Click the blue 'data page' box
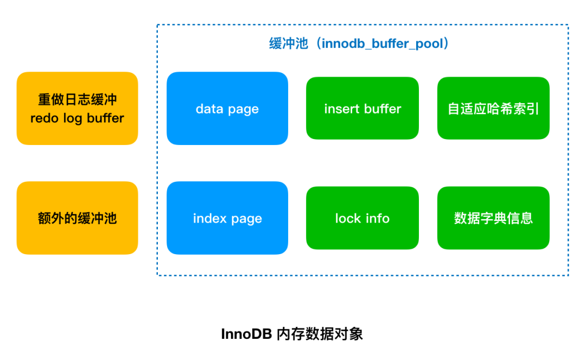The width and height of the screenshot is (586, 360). (227, 109)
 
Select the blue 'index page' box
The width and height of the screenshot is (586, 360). (227, 218)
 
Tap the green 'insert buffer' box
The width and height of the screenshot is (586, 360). (362, 109)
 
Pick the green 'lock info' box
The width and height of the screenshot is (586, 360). (362, 218)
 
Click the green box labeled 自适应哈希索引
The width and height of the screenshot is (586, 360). (493, 109)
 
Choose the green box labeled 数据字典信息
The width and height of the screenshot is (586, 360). (493, 218)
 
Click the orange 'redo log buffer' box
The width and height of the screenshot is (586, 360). (78, 109)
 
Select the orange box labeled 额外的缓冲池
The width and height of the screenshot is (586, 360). (78, 218)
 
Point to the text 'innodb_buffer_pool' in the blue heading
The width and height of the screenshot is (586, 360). (383, 44)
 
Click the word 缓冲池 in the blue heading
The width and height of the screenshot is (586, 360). (289, 44)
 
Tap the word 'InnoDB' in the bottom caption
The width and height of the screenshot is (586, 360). (246, 334)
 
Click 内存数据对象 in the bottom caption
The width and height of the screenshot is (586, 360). (320, 334)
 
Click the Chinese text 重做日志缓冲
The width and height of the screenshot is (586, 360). (78, 99)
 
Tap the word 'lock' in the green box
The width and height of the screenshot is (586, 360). (348, 218)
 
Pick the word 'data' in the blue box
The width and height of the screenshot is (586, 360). (209, 109)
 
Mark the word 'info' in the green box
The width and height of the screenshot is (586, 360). (378, 218)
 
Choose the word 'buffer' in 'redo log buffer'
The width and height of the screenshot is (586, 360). (105, 118)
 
